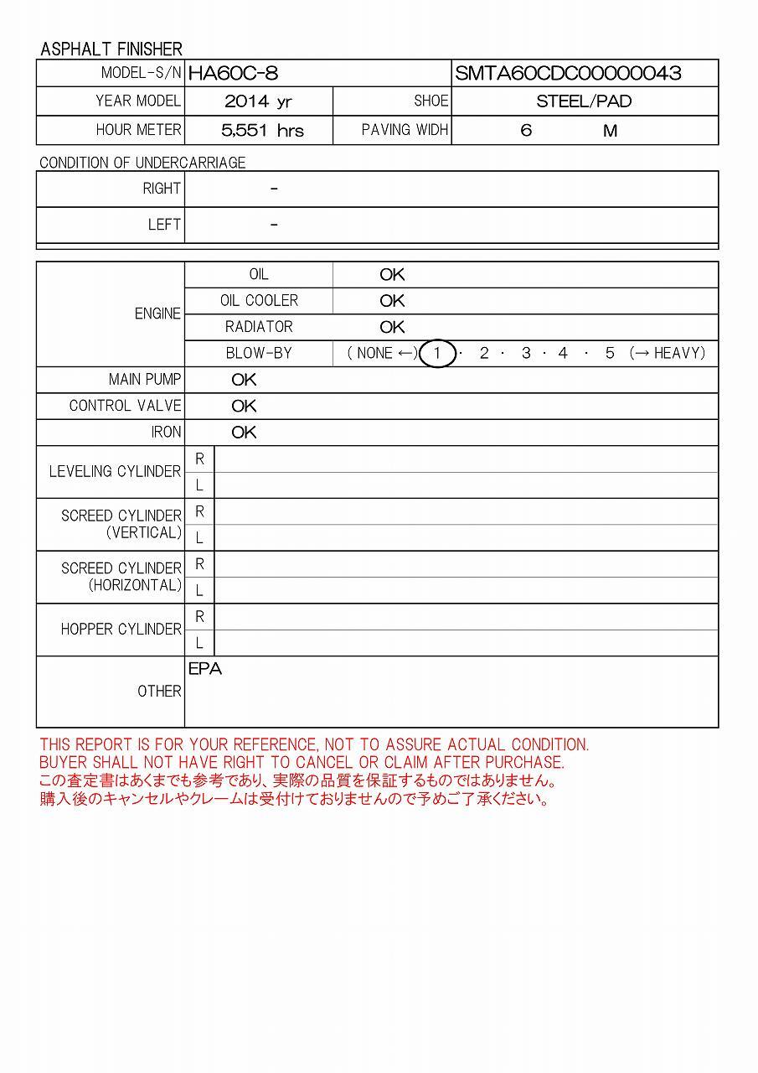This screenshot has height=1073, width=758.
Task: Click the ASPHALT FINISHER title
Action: click(111, 49)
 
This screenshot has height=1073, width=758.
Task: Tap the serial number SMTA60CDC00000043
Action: click(568, 73)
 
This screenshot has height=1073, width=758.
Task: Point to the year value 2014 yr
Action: click(258, 101)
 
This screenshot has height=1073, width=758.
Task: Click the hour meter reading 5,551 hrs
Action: click(262, 131)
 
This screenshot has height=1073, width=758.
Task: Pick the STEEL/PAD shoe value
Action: click(584, 101)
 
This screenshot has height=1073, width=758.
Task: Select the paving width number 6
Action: click(526, 131)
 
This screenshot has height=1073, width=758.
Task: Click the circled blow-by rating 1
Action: click(436, 354)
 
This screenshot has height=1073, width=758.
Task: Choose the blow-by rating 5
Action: click(610, 354)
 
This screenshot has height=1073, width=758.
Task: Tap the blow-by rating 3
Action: click(525, 354)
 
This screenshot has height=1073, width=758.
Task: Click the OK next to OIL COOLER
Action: click(392, 301)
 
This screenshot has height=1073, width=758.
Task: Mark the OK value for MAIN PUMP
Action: click(244, 380)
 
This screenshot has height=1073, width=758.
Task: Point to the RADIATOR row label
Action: click(259, 327)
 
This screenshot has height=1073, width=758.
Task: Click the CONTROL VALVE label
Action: click(125, 406)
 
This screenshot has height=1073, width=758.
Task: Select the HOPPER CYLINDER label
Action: click(121, 630)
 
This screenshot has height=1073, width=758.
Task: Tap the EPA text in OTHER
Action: click(205, 670)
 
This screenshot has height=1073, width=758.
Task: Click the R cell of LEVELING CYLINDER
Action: click(199, 459)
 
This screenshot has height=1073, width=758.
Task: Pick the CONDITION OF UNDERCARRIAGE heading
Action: click(142, 163)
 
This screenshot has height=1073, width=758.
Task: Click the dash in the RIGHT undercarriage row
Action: click(274, 189)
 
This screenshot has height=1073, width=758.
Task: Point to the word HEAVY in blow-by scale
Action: click(679, 354)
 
